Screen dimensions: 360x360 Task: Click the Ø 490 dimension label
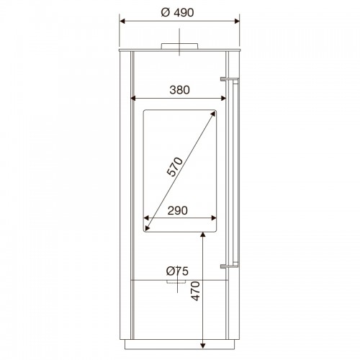177,12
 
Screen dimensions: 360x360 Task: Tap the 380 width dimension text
179,90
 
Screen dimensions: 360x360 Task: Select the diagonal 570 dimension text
175,167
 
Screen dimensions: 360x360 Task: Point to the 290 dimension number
178,211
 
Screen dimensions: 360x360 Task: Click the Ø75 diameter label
177,271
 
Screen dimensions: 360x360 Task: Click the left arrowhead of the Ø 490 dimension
122,22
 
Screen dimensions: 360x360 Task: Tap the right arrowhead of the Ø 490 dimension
237,22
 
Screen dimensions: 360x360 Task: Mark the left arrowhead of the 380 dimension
133,98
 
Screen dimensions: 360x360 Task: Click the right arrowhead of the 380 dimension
223,98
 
